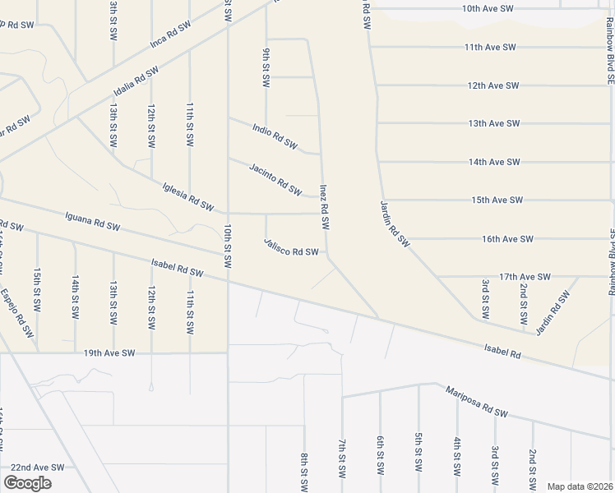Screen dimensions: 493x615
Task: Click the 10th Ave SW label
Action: tap(488, 9)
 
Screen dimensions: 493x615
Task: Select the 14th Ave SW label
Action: tap(495, 162)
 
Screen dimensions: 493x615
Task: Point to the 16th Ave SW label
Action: tap(508, 239)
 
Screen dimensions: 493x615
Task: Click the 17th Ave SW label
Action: tap(525, 278)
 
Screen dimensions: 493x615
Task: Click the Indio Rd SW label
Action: tap(275, 136)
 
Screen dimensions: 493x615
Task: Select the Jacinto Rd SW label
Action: tap(275, 177)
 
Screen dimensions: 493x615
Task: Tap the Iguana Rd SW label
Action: tap(92, 222)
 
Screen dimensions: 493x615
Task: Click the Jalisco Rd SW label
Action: tap(291, 246)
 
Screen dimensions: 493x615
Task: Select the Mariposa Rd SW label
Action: tap(479, 400)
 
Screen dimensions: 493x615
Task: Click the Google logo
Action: tap(27, 482)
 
